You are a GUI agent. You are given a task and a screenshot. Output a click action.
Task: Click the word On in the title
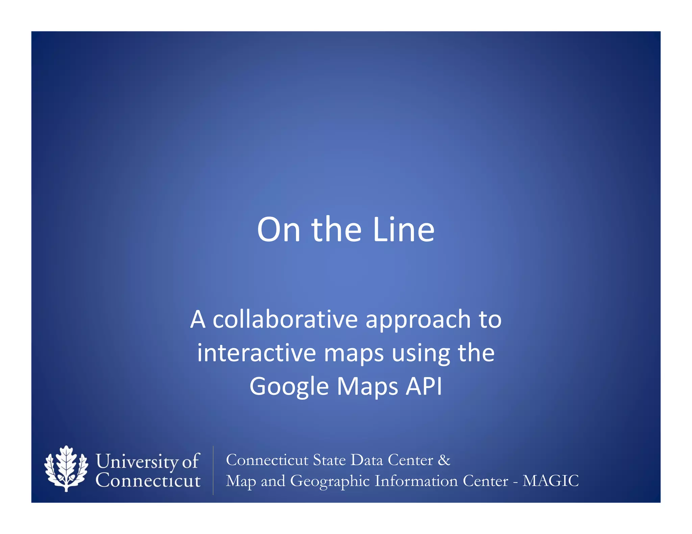(x=278, y=230)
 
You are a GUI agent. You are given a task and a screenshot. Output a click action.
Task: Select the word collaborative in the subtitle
(x=285, y=319)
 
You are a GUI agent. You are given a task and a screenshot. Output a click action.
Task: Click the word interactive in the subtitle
(x=256, y=353)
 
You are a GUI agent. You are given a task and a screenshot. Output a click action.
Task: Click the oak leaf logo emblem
(x=66, y=469)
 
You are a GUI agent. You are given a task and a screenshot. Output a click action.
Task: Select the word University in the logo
(x=137, y=461)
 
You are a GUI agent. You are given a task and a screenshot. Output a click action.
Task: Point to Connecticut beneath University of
(x=148, y=480)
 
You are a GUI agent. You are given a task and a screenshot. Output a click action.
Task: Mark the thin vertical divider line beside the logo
(x=213, y=470)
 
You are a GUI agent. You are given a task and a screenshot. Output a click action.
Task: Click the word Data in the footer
(x=367, y=460)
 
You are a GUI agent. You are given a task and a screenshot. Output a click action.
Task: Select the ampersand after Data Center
(x=444, y=460)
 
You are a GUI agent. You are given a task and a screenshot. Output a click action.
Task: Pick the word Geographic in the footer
(x=330, y=481)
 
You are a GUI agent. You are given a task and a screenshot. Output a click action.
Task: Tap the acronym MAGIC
(x=550, y=481)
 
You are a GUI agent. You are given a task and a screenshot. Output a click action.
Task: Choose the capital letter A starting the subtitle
(x=198, y=319)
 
